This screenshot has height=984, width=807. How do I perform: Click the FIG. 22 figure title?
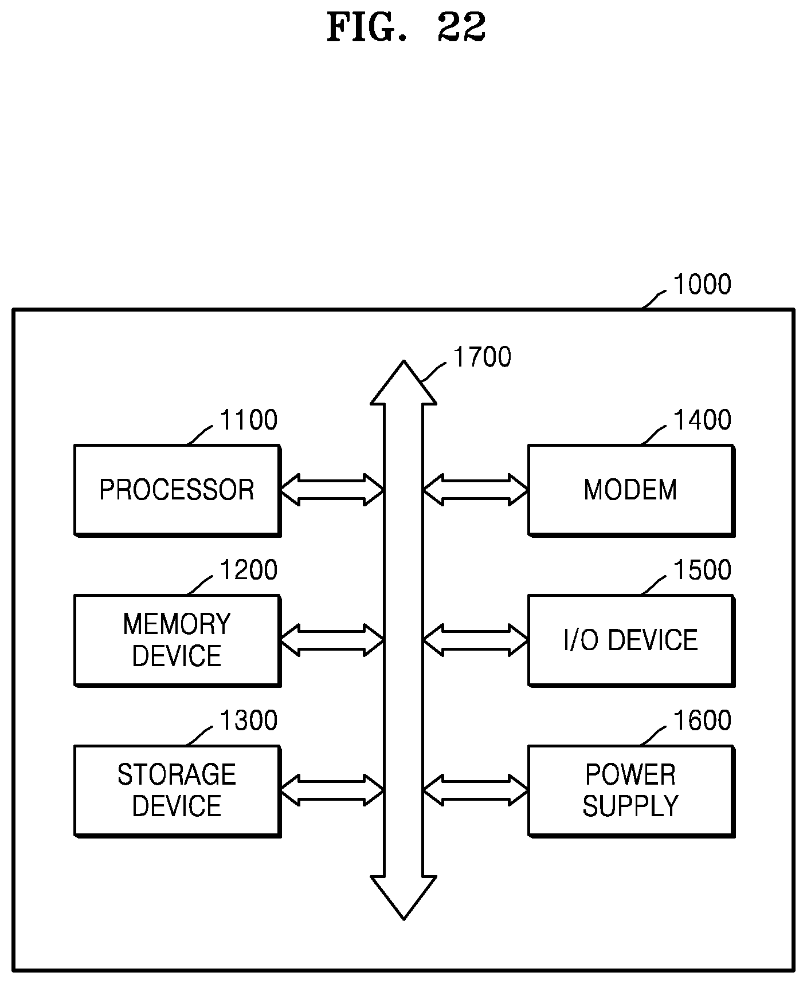406,27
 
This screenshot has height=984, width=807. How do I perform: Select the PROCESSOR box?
177,490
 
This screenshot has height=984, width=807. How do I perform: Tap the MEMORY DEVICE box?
177,640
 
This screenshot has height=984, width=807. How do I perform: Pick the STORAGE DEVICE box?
177,790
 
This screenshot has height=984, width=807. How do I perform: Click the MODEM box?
630,490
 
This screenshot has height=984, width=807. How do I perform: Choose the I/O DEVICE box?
630,640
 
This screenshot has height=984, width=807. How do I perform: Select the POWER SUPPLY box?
630,790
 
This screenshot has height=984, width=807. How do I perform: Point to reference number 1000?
702,285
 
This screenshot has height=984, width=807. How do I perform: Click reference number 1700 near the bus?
481,357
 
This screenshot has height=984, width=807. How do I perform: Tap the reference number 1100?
248,420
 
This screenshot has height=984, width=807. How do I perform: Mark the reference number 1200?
248,570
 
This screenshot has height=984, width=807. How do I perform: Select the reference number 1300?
248,721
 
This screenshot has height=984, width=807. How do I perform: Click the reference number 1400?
702,420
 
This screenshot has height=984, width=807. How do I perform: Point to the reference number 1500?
702,570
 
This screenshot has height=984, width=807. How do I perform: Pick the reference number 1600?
702,721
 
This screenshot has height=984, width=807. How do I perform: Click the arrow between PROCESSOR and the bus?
331,490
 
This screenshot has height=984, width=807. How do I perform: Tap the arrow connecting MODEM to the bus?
475,490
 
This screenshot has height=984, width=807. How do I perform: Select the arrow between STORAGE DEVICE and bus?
331,790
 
